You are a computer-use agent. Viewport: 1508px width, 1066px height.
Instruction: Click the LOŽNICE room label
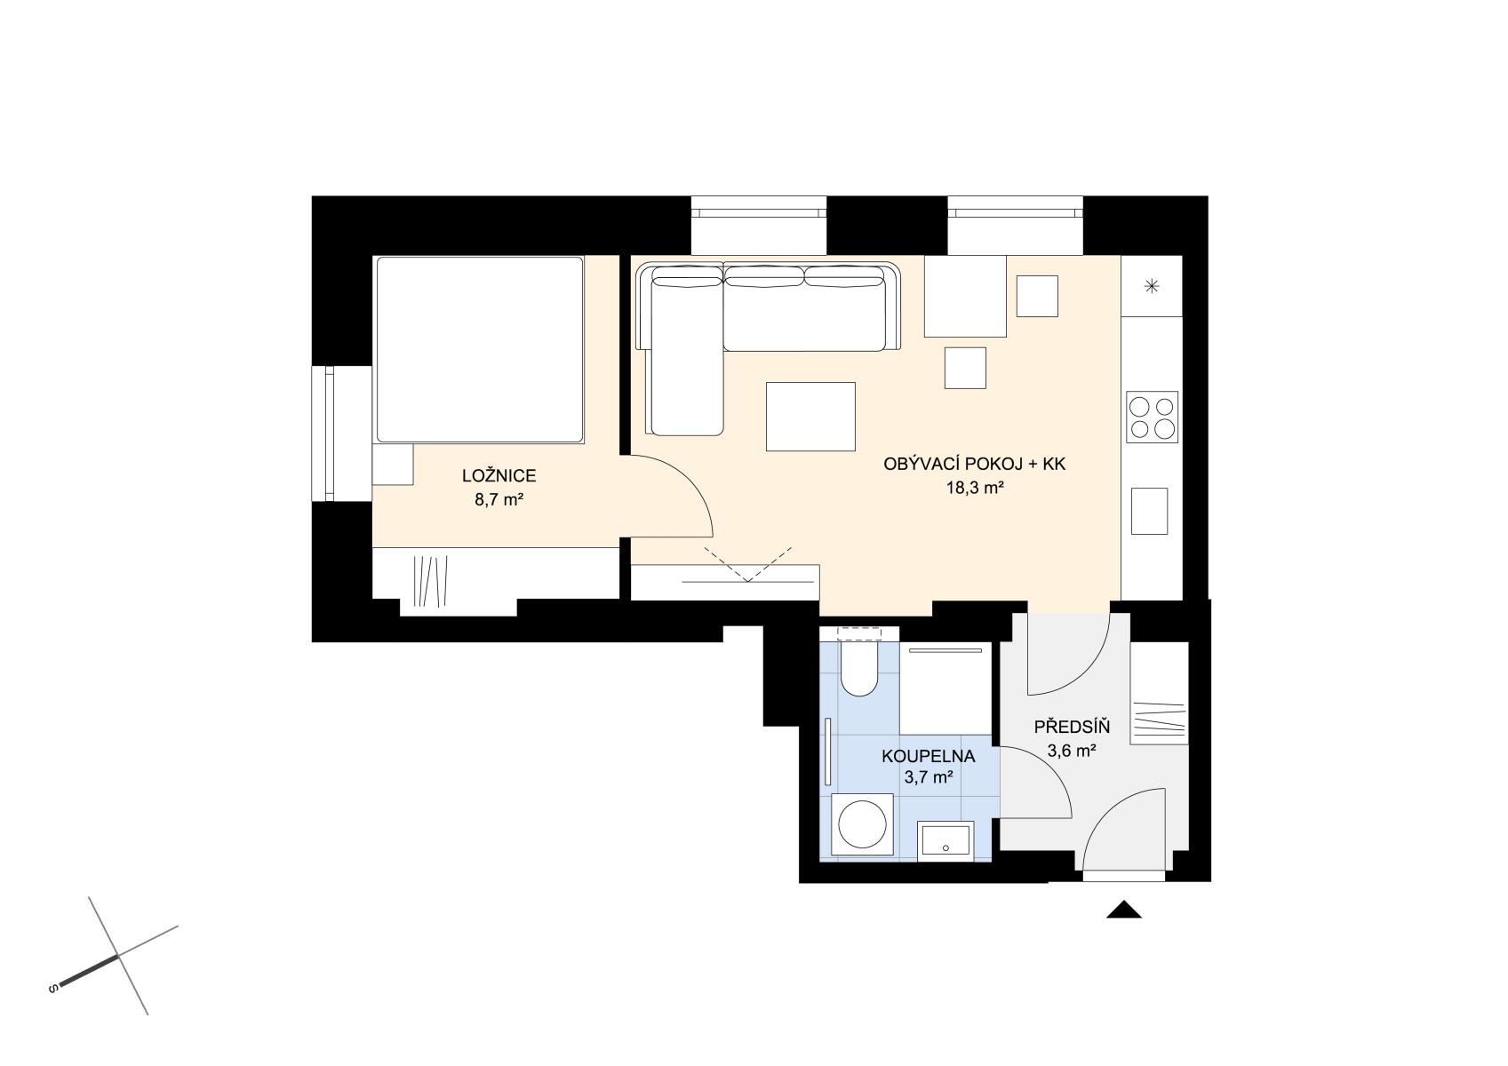(499, 476)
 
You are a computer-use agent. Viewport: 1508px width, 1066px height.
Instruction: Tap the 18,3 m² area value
(975, 488)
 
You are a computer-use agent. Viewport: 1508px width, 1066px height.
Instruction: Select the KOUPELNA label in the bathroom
(929, 756)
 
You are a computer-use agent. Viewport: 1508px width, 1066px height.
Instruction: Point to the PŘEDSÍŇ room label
(1072, 727)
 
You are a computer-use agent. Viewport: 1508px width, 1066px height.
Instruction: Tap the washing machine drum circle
(862, 826)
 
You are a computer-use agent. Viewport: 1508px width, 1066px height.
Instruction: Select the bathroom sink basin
(945, 841)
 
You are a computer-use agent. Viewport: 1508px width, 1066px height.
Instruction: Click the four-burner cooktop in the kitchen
(1152, 418)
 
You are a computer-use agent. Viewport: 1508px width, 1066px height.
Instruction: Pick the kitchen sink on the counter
(1149, 512)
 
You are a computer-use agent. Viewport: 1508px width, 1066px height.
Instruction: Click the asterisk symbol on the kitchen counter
(1152, 286)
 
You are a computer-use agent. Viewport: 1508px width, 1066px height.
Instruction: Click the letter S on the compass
(52, 990)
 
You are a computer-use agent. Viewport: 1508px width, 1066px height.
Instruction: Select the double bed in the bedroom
(479, 349)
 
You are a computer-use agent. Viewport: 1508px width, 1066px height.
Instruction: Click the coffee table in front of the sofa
(810, 417)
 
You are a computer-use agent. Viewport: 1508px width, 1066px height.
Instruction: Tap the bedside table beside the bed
(393, 465)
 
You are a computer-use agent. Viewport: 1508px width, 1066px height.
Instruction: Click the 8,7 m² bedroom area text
(499, 500)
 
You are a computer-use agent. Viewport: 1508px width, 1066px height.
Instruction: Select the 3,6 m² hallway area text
(1072, 751)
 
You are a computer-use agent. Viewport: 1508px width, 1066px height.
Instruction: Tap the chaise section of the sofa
(684, 357)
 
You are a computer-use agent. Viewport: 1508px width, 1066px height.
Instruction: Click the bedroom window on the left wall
(330, 434)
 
